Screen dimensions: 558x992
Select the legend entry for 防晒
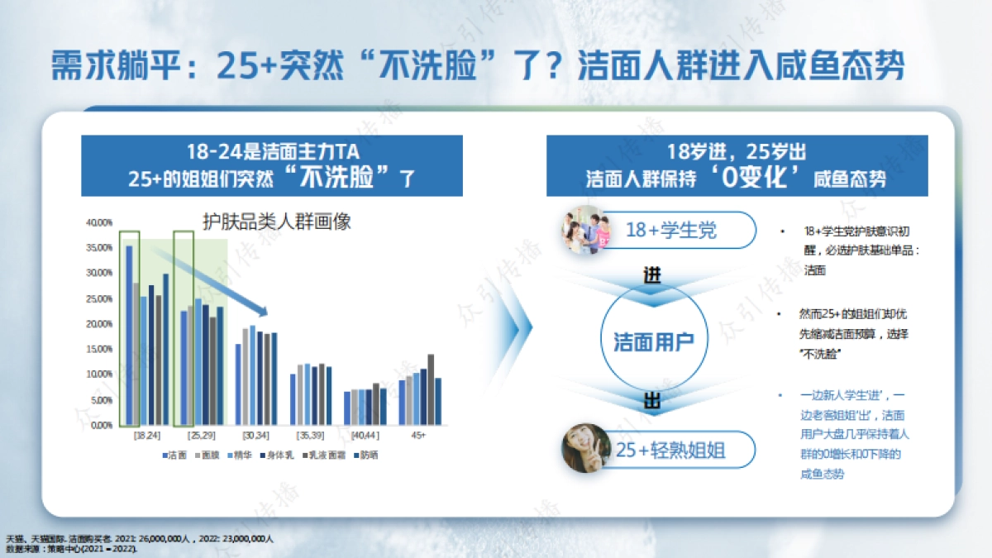pos(365,455)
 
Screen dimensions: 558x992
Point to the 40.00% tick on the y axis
pos(98,222)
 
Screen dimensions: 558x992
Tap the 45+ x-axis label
pos(419,435)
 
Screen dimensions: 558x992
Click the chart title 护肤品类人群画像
pos(278,222)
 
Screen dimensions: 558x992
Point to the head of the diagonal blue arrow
pos(264,312)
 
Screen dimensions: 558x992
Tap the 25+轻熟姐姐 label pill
pos(670,451)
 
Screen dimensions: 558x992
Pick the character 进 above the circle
pos(652,275)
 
